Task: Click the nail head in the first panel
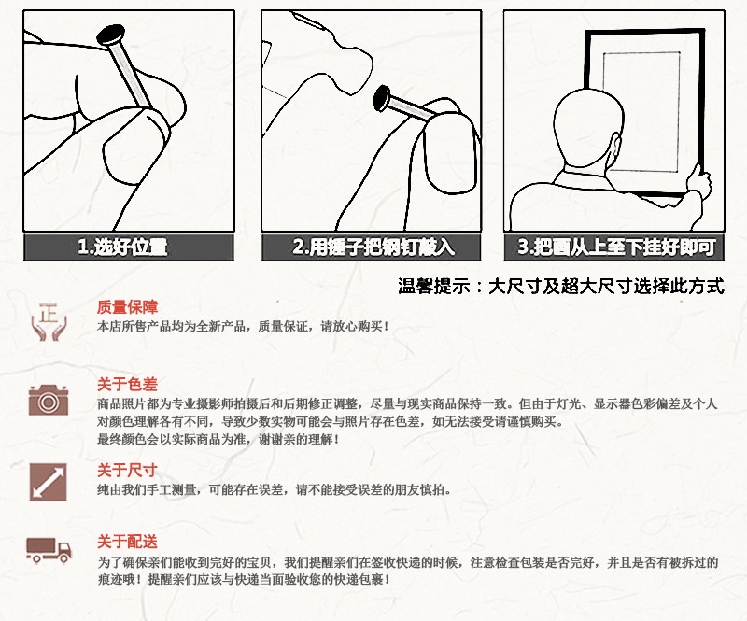click(111, 35)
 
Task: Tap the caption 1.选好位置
click(122, 247)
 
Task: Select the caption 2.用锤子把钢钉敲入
click(373, 247)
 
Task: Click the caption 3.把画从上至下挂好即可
click(616, 247)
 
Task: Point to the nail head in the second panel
click(382, 98)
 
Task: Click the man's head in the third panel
click(589, 128)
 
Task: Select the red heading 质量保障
click(127, 307)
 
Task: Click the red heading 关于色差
click(127, 384)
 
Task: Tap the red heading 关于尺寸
click(127, 471)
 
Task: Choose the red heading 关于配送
click(127, 542)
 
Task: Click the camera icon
click(49, 400)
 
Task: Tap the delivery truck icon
click(49, 550)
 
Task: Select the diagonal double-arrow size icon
click(49, 482)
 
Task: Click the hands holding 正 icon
click(49, 321)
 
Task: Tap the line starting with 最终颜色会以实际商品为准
click(218, 439)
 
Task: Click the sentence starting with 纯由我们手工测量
click(275, 489)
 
